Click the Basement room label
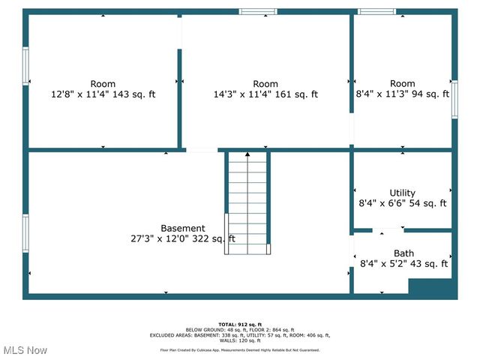tap(182, 228)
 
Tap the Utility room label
tap(402, 193)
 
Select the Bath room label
tap(403, 253)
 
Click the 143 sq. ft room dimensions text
tap(103, 94)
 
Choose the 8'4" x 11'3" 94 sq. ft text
tap(402, 94)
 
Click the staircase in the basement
tap(247, 202)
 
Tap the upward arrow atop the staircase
tap(247, 154)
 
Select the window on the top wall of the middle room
tap(258, 11)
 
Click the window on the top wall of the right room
tap(376, 11)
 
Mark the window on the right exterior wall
tap(454, 98)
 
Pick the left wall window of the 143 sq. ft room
tap(25, 66)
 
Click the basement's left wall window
tap(25, 232)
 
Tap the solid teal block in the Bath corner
tap(431, 287)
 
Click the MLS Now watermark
tap(25, 350)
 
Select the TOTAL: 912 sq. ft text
tap(240, 324)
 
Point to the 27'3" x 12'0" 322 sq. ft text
tap(182, 239)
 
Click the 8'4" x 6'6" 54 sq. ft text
tap(403, 203)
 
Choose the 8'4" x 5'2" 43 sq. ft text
tap(403, 264)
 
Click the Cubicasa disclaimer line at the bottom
tap(240, 350)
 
